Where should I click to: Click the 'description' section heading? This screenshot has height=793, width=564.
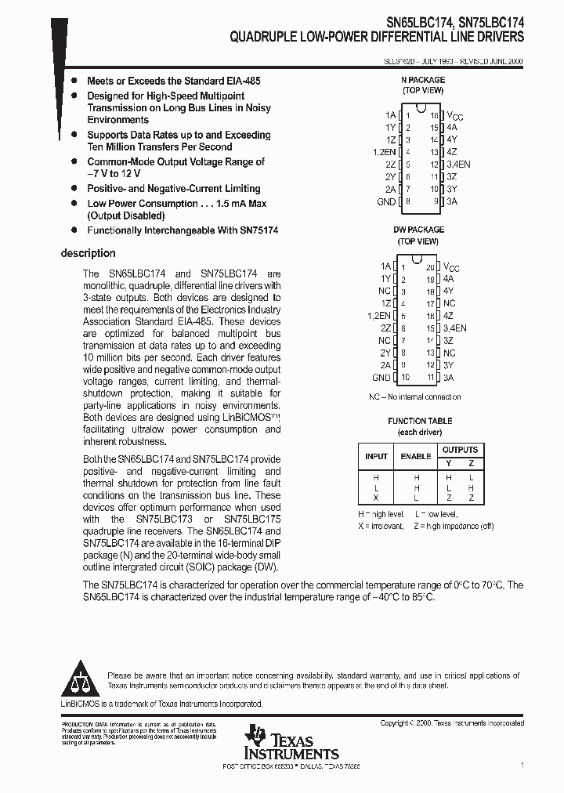[x=88, y=253]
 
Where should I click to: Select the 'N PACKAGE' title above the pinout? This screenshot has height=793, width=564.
[x=422, y=80]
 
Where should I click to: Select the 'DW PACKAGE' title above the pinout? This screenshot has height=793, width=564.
[x=418, y=230]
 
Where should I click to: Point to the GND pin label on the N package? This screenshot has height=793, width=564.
[x=386, y=201]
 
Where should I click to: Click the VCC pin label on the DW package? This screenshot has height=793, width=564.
[x=454, y=266]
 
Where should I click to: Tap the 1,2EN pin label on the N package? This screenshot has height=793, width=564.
[x=385, y=151]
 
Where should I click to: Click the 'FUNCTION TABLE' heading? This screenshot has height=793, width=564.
[x=420, y=421]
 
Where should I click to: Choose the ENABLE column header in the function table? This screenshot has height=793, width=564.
[x=416, y=456]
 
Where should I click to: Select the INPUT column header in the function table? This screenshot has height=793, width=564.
[x=377, y=456]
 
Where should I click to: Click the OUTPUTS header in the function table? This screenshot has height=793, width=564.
[x=460, y=450]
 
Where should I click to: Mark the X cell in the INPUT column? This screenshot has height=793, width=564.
[x=377, y=498]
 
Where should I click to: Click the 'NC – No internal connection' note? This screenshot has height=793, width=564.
[x=415, y=397]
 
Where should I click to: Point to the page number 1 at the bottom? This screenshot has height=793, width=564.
[x=522, y=762]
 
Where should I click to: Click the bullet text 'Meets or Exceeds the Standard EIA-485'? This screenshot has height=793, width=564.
[x=174, y=81]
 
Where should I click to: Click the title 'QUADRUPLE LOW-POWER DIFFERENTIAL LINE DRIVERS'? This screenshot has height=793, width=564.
[x=377, y=36]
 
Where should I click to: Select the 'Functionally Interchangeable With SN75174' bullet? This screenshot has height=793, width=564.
[x=183, y=230]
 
